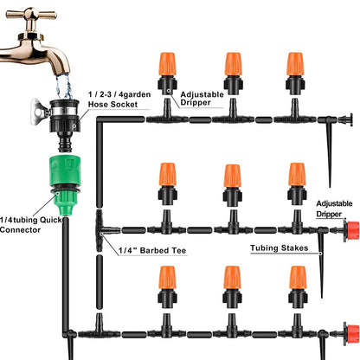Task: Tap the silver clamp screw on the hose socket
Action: [x=37, y=111]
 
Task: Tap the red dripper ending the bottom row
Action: [x=350, y=331]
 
